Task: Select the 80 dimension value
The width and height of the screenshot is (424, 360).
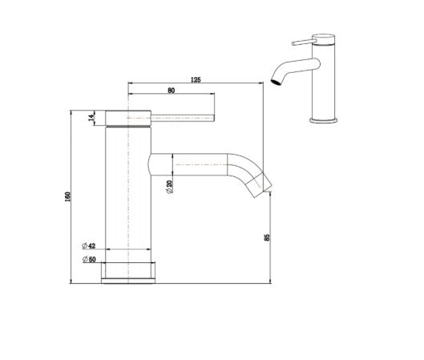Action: click(x=172, y=91)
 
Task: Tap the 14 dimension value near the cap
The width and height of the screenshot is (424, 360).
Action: click(x=92, y=117)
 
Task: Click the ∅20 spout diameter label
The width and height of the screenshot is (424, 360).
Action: click(x=169, y=186)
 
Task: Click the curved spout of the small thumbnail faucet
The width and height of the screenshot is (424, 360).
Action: click(x=285, y=71)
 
